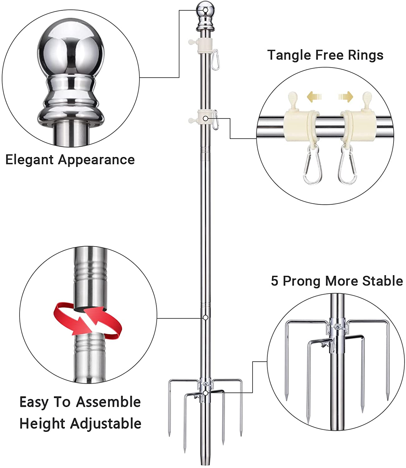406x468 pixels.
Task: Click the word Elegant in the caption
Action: (x=30, y=160)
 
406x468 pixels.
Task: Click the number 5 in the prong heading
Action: (x=274, y=281)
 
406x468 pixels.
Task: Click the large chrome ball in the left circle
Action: (x=71, y=53)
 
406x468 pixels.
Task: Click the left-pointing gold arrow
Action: (x=314, y=97)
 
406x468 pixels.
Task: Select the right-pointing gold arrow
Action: (x=346, y=97)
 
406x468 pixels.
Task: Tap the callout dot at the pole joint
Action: (x=205, y=317)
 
